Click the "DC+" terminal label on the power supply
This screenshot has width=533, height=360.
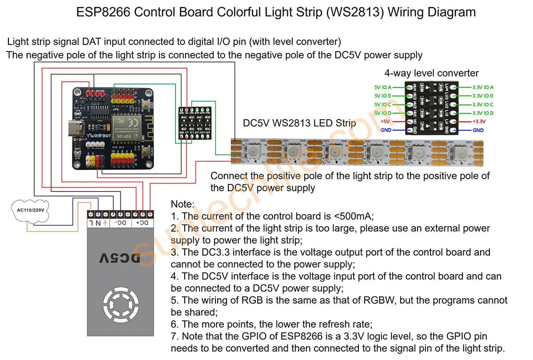[x=143, y=222]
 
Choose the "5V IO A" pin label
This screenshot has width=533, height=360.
[x=382, y=88]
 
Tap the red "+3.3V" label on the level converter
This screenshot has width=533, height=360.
[x=480, y=121]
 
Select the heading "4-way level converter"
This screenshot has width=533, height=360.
[x=431, y=73]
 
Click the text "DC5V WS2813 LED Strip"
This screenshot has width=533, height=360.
[x=300, y=123]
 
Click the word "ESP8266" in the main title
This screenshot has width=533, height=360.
[x=103, y=12]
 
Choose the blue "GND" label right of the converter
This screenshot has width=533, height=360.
[x=478, y=130]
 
